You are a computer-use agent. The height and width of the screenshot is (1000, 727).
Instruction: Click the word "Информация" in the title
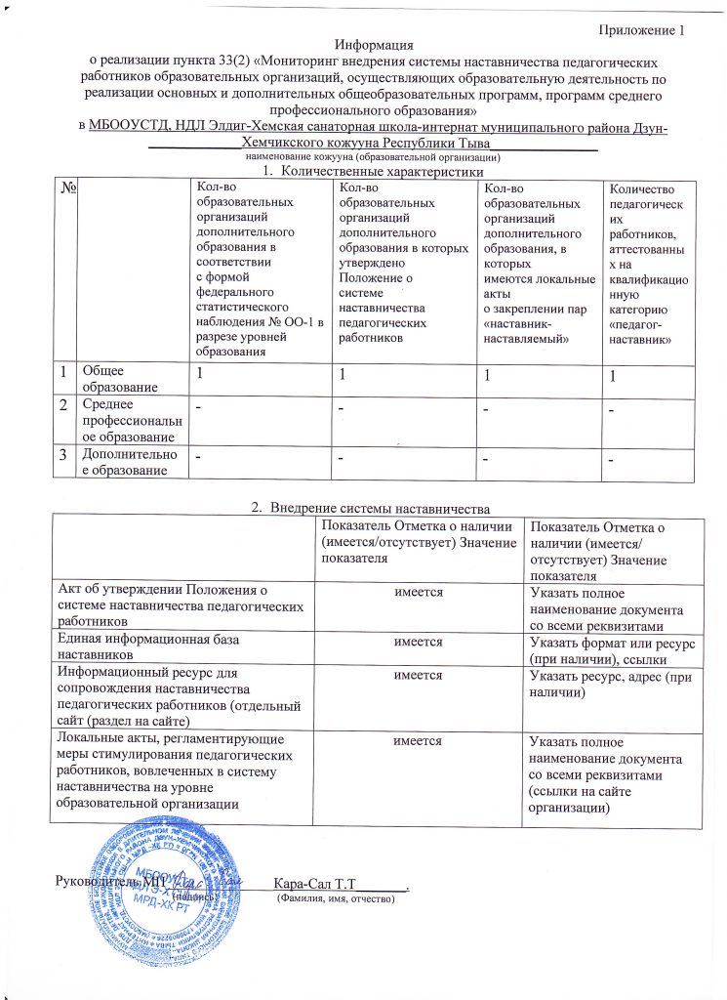tap(374, 45)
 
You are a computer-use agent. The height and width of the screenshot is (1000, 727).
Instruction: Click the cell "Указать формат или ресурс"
tap(607, 649)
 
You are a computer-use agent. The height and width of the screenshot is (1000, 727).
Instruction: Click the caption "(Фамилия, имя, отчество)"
tap(336, 897)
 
